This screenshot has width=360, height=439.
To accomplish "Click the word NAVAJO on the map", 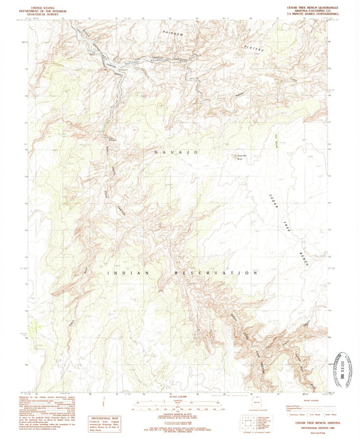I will click(x=175, y=153).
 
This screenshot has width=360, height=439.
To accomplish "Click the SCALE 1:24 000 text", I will click(x=180, y=395).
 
